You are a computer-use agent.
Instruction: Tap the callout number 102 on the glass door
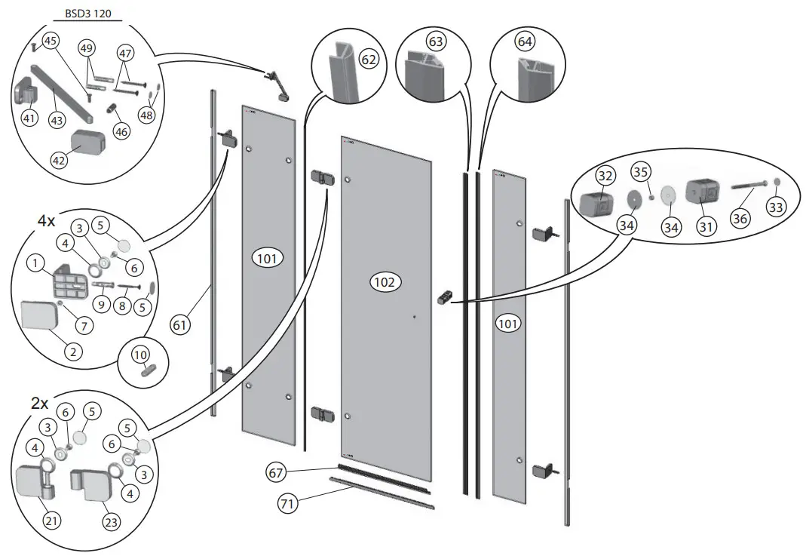[x=385, y=282]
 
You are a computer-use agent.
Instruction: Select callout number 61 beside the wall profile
[x=180, y=325]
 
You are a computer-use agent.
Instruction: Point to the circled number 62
[x=369, y=57]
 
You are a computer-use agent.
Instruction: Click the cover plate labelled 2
[x=40, y=315]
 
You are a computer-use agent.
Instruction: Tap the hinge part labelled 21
[x=34, y=481]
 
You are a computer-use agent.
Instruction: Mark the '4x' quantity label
[x=47, y=221]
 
